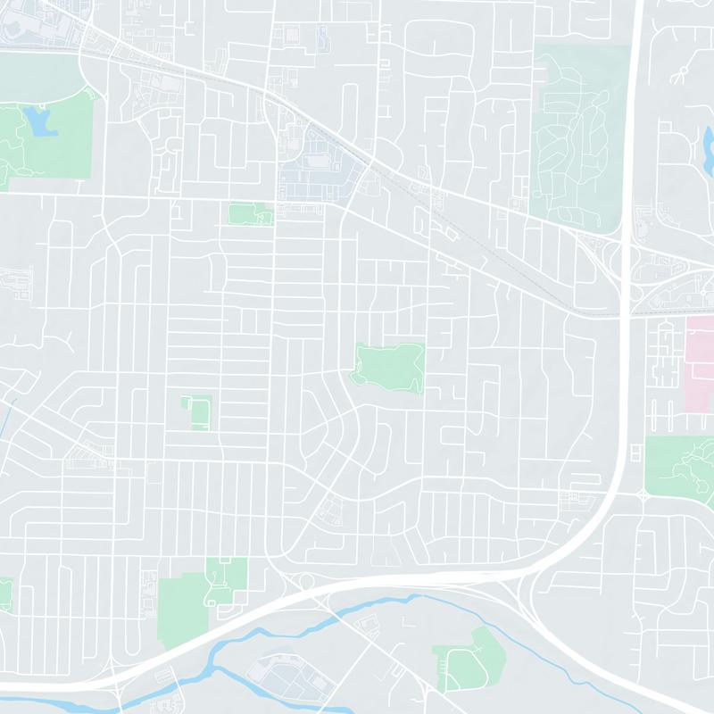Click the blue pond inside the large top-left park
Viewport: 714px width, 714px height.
coord(40,121)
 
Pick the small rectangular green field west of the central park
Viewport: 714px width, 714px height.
coord(198,412)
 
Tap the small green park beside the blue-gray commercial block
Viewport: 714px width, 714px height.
coord(251,213)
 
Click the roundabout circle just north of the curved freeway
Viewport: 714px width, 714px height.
coord(306,583)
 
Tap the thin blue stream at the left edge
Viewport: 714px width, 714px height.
coord(6,419)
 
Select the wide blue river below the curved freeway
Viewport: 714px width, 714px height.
coord(357,616)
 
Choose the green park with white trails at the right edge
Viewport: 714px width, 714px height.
coord(683,464)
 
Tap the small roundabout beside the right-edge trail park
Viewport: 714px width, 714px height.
coord(643,494)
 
